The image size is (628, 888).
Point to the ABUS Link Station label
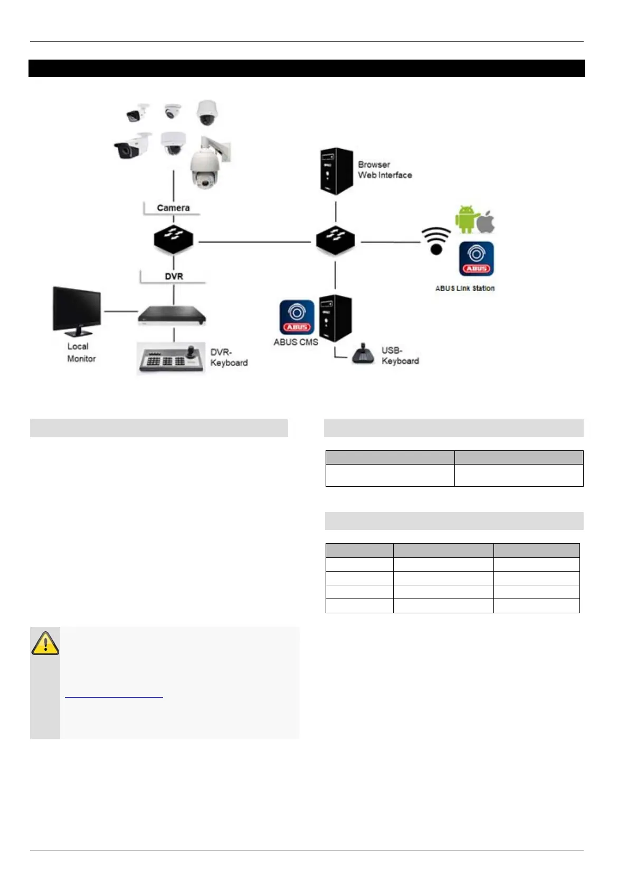[x=465, y=288]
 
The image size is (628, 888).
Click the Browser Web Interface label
[x=385, y=170]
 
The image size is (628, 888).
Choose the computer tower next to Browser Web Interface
[x=336, y=171]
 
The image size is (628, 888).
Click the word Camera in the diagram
[x=173, y=208]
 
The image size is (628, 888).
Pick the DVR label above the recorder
[x=174, y=276]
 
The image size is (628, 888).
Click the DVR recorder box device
[x=172, y=316]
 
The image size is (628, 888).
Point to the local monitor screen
[x=77, y=311]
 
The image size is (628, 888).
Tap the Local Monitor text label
[x=81, y=352]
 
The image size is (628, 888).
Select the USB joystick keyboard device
[x=363, y=354]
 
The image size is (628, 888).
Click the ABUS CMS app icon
[x=297, y=317]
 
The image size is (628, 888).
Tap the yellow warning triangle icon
[x=45, y=643]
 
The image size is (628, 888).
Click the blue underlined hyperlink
[x=114, y=697]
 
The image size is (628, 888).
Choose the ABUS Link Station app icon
[x=477, y=259]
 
